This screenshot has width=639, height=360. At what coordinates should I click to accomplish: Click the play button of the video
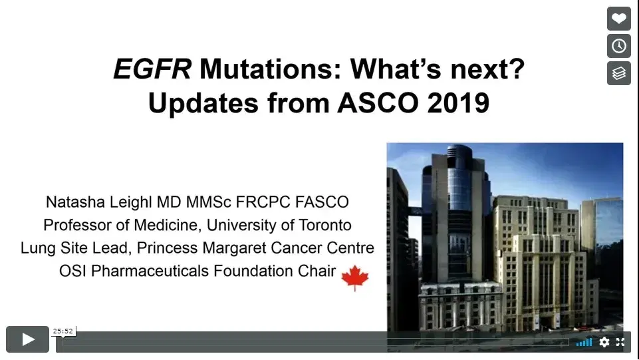pyautogui.click(x=27, y=339)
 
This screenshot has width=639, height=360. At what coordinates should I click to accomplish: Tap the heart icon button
pyautogui.click(x=618, y=19)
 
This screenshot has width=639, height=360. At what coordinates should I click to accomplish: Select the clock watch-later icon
pyautogui.click(x=618, y=46)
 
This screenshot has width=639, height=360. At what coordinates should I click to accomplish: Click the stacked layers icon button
pyautogui.click(x=618, y=73)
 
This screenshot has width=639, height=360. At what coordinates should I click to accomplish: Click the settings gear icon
pyautogui.click(x=604, y=342)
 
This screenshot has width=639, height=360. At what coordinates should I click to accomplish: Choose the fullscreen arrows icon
pyautogui.click(x=620, y=342)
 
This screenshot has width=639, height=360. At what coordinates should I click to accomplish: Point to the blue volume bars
pyautogui.click(x=584, y=342)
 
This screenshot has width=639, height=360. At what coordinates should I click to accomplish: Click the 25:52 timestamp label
pyautogui.click(x=63, y=331)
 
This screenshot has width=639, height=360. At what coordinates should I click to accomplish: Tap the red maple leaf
pyautogui.click(x=354, y=277)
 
